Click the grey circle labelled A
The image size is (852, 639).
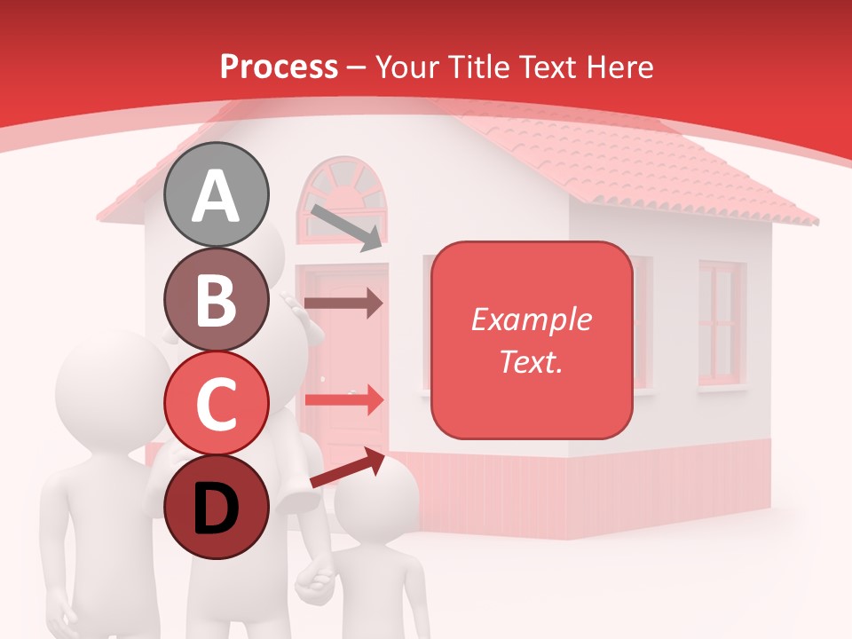217,194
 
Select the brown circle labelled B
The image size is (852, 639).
217,300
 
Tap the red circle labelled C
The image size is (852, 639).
217,404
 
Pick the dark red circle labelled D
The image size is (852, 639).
217,507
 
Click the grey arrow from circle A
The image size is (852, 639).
346,226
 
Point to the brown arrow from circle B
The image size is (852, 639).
343,303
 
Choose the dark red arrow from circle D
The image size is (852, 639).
347,469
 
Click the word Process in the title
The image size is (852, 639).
279,67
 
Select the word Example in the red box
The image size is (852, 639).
531,319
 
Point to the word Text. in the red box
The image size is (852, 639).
531,361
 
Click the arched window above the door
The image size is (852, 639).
343,200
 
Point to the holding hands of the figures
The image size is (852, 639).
315,581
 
